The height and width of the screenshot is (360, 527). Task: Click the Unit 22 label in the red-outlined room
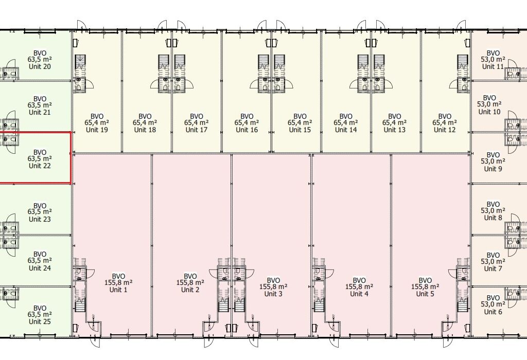coord(40,166)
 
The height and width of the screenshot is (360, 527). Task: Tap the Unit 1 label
coord(118,290)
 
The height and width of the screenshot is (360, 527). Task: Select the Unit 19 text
coord(97,130)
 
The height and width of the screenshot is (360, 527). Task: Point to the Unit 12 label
coord(444,130)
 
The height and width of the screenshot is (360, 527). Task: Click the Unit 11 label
coord(493,66)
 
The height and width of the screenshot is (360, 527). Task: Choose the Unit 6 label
coord(493,312)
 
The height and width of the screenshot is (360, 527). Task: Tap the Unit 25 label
coord(40,321)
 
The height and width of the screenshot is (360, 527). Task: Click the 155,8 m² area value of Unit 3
coord(273,287)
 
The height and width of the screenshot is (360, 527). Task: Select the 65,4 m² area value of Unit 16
coord(247,123)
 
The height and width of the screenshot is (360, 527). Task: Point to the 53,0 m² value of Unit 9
coord(493,161)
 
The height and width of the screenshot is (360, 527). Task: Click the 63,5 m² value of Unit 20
coord(40,60)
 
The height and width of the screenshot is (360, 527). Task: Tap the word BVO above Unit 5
coord(425,280)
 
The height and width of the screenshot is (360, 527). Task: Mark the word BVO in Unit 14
coord(345,116)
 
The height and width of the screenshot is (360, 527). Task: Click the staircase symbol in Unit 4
coord(318,306)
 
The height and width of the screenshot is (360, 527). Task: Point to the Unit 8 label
coord(493,217)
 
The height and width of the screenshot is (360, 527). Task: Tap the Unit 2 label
coord(190,290)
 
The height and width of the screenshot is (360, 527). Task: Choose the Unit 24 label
coord(40,267)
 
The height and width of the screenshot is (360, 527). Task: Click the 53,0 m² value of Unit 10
coord(489,105)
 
